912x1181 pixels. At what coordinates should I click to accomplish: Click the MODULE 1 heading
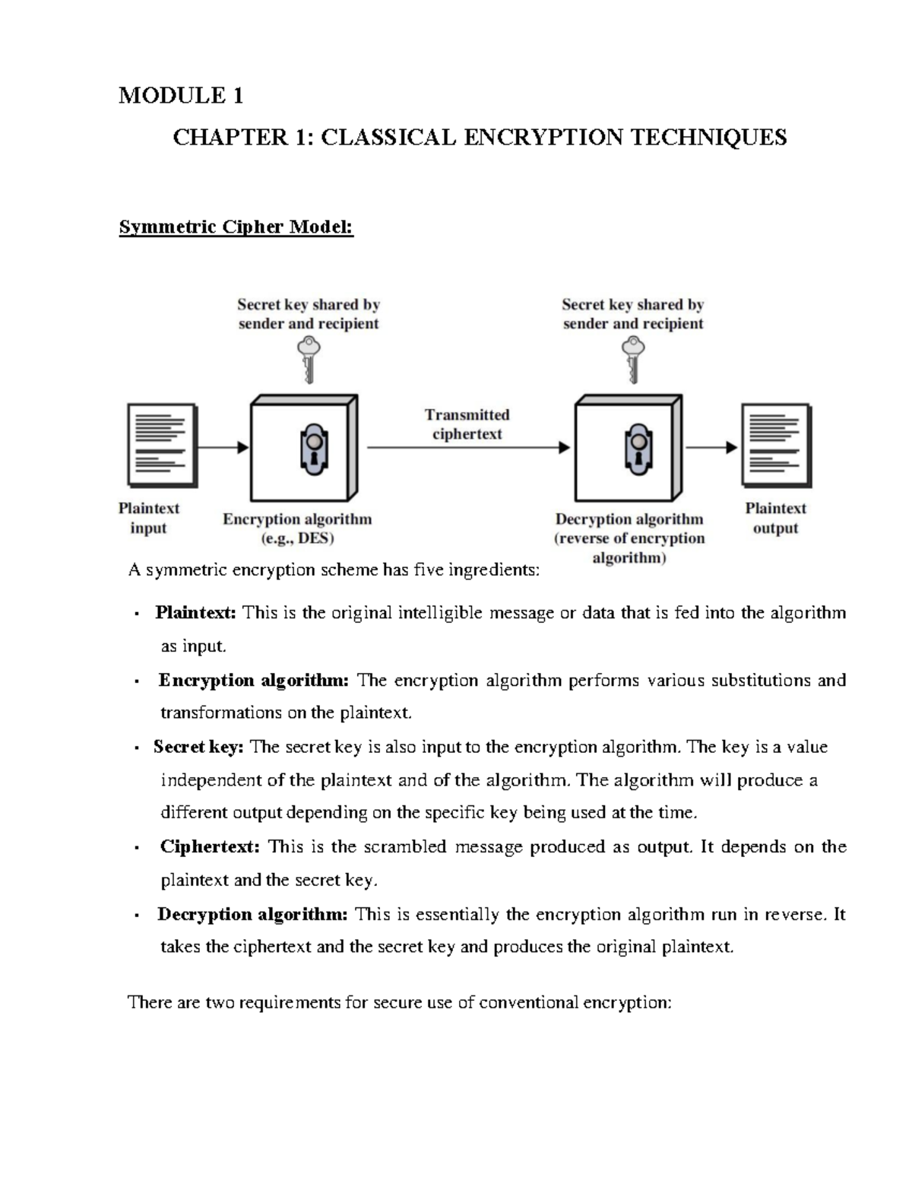181,96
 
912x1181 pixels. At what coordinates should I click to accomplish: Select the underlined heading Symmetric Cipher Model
236,227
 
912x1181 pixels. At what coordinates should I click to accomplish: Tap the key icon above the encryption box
309,359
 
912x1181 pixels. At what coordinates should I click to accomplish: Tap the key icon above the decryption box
632,359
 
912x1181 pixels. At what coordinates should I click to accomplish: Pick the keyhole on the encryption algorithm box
313,449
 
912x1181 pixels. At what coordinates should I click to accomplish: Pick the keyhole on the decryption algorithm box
637,449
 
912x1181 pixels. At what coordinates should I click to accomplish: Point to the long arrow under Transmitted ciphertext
468,448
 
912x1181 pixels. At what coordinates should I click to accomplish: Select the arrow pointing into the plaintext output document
712,447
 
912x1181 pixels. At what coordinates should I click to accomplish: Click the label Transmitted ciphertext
467,424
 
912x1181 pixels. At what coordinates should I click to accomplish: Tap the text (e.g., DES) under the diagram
297,538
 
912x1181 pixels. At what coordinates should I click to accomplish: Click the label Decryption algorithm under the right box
629,519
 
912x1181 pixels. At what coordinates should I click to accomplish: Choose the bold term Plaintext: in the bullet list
196,613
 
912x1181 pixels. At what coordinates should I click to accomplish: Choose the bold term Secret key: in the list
198,747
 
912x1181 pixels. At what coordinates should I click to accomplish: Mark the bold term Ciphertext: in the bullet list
210,847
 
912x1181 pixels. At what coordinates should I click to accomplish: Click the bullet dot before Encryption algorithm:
135,681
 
